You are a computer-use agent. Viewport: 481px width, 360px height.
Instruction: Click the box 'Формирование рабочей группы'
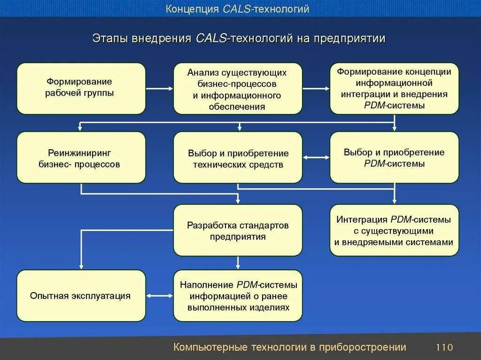[x=81, y=88]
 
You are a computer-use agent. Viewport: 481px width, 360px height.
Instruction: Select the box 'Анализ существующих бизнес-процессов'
[x=238, y=88]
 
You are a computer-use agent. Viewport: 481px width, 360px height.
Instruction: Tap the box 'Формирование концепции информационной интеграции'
[x=394, y=88]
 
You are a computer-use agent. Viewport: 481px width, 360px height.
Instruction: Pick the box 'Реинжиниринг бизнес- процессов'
[x=81, y=158]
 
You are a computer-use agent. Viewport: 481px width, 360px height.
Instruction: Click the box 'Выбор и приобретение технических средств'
[x=238, y=158]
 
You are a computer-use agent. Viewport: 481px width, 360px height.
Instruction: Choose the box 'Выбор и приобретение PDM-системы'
[x=394, y=158]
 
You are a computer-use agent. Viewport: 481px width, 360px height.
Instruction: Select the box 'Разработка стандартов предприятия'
[x=238, y=230]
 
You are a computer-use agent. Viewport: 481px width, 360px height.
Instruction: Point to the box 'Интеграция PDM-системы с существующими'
[x=394, y=230]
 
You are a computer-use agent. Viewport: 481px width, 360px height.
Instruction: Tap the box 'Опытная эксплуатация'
[x=81, y=296]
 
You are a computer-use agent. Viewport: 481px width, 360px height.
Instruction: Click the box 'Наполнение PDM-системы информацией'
[x=238, y=296]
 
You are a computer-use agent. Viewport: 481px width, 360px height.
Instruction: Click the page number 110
[x=444, y=348]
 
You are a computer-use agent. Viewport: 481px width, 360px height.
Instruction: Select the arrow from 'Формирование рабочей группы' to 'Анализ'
[x=159, y=88]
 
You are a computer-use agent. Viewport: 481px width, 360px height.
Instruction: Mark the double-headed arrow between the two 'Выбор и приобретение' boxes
[x=316, y=158]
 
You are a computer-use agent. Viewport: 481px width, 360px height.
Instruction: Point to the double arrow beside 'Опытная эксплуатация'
[x=159, y=296]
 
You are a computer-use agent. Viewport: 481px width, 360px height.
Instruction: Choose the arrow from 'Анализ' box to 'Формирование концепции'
[x=316, y=88]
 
